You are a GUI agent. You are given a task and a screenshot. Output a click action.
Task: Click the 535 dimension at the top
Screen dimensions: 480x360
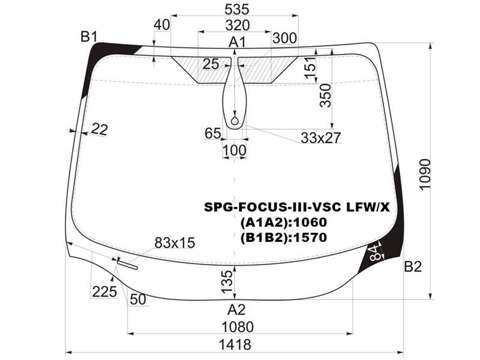[236, 10]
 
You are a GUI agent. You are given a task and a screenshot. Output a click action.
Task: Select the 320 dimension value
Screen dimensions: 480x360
[238, 25]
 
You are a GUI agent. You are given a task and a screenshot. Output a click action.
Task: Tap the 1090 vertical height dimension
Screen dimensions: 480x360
[425, 175]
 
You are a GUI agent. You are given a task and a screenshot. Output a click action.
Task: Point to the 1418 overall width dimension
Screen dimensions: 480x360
[235, 345]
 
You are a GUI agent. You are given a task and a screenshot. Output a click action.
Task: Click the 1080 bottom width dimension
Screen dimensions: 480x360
[238, 327]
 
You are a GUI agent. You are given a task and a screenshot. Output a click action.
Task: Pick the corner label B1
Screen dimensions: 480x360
[89, 37]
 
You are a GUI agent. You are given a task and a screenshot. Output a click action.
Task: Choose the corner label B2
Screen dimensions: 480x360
[413, 266]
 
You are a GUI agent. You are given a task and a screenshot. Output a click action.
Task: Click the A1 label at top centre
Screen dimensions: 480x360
[237, 42]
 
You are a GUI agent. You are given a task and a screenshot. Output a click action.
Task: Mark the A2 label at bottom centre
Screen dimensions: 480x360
[236, 310]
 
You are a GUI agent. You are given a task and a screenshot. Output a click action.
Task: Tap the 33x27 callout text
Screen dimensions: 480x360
[320, 138]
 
